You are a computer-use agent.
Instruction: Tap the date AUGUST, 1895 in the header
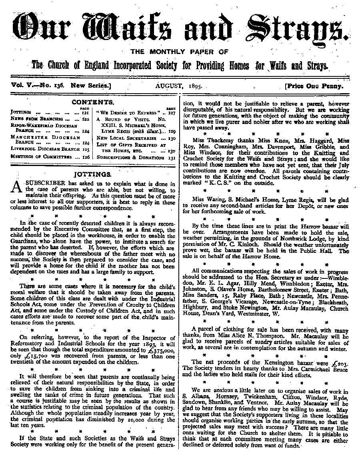click(178, 86)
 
